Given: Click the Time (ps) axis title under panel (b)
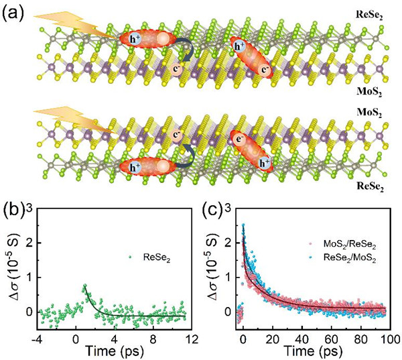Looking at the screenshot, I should [x=115, y=349].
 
